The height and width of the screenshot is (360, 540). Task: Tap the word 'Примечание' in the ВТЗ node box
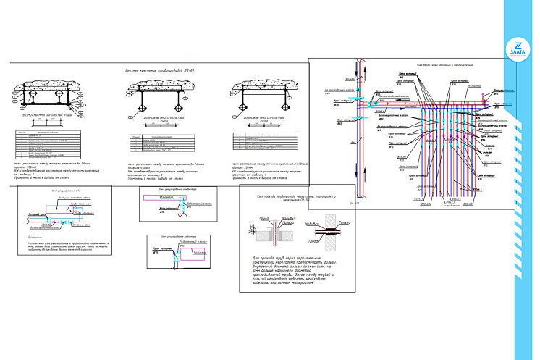click(x=38, y=237)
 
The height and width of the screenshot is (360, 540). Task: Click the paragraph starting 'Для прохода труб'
click(x=298, y=270)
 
